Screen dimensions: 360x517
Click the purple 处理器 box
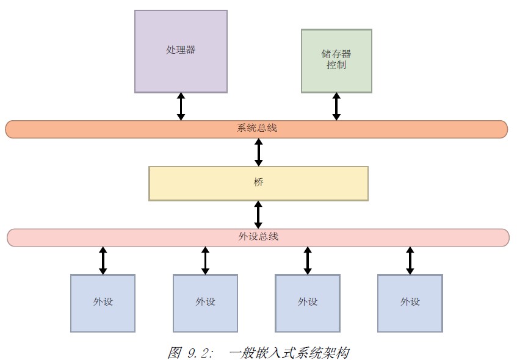[181, 51]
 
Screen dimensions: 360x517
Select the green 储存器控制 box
[336, 60]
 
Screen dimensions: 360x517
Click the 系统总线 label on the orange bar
[256, 129]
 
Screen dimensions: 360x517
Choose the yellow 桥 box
[258, 183]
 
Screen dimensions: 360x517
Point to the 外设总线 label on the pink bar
[258, 237]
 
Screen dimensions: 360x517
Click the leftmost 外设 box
[103, 303]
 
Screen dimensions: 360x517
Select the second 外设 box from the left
[205, 303]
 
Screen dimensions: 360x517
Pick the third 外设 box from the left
[307, 303]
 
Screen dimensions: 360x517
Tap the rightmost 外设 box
[410, 303]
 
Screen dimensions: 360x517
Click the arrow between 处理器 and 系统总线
[181, 106]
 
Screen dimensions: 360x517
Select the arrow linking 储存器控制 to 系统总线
[336, 106]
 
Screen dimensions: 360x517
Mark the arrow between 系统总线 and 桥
[258, 152]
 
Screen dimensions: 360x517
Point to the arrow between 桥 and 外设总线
[258, 215]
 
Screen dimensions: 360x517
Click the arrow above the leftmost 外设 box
[103, 261]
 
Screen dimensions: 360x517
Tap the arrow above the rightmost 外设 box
[410, 261]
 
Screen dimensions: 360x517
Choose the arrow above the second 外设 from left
[205, 261]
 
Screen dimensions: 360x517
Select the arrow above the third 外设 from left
[307, 261]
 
